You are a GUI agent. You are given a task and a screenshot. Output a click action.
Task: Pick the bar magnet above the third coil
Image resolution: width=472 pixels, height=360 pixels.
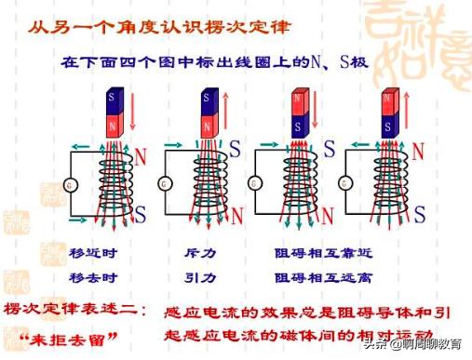(301, 113)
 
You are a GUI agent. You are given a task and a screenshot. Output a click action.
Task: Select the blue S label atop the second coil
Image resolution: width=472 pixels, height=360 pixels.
(235, 147)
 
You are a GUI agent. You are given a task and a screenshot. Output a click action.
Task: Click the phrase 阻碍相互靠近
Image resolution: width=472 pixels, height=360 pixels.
(319, 251)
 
